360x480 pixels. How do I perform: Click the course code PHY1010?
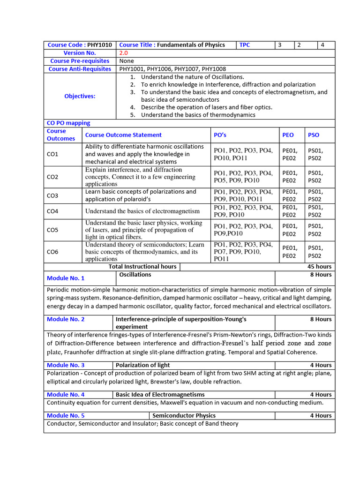pyautogui.click(x=99, y=45)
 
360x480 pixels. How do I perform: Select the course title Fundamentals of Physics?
pyautogui.click(x=191, y=45)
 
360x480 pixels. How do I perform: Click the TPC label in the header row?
pyautogui.click(x=245, y=45)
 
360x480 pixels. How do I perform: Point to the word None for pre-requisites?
pyautogui.click(x=127, y=61)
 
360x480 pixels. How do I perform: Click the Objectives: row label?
pyautogui.click(x=80, y=96)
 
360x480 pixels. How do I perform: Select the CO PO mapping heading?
pyautogui.click(x=68, y=123)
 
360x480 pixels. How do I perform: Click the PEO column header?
pyautogui.click(x=288, y=135)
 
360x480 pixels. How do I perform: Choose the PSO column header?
pyautogui.click(x=314, y=135)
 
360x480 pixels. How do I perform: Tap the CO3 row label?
pyautogui.click(x=52, y=195)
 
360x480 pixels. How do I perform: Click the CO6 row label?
pyautogui.click(x=52, y=252)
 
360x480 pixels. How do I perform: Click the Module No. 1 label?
pyautogui.click(x=66, y=278)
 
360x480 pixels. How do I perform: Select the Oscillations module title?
pyautogui.click(x=135, y=275)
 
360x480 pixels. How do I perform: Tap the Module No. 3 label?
pyautogui.click(x=66, y=365)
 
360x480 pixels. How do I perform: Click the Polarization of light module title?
pyautogui.click(x=143, y=365)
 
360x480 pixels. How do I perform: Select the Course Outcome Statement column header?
pyautogui.click(x=123, y=135)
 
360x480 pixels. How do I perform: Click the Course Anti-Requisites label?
pyautogui.click(x=80, y=69)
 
